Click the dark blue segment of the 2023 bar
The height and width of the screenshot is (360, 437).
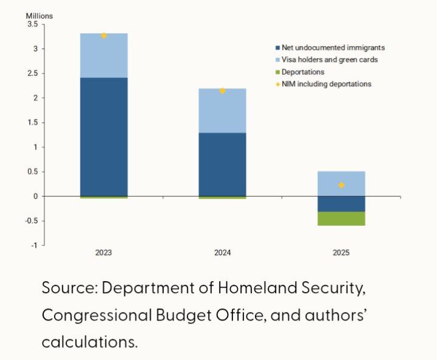pyautogui.click(x=104, y=137)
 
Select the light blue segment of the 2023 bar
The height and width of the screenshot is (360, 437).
pyautogui.click(x=104, y=55)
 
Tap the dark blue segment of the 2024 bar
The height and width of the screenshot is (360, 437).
pyautogui.click(x=222, y=164)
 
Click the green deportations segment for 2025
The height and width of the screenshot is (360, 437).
pyautogui.click(x=341, y=219)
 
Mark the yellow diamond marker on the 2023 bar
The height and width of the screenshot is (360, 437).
pyautogui.click(x=104, y=35)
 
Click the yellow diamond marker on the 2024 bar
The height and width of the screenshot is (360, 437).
pyautogui.click(x=222, y=90)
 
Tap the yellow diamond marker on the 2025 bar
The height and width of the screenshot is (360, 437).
pyautogui.click(x=341, y=185)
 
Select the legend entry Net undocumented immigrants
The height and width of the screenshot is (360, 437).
pyautogui.click(x=333, y=47)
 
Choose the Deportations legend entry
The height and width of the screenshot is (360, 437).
pyautogui.click(x=303, y=72)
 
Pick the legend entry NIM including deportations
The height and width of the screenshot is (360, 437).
pyautogui.click(x=326, y=84)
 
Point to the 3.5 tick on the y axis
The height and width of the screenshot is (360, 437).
pyautogui.click(x=32, y=24)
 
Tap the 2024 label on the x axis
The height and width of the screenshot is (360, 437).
pyautogui.click(x=222, y=252)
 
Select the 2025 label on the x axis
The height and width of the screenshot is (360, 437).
pyautogui.click(x=341, y=252)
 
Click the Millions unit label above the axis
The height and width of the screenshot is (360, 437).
pyautogui.click(x=39, y=16)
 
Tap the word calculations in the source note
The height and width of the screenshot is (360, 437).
pyautogui.click(x=89, y=341)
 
